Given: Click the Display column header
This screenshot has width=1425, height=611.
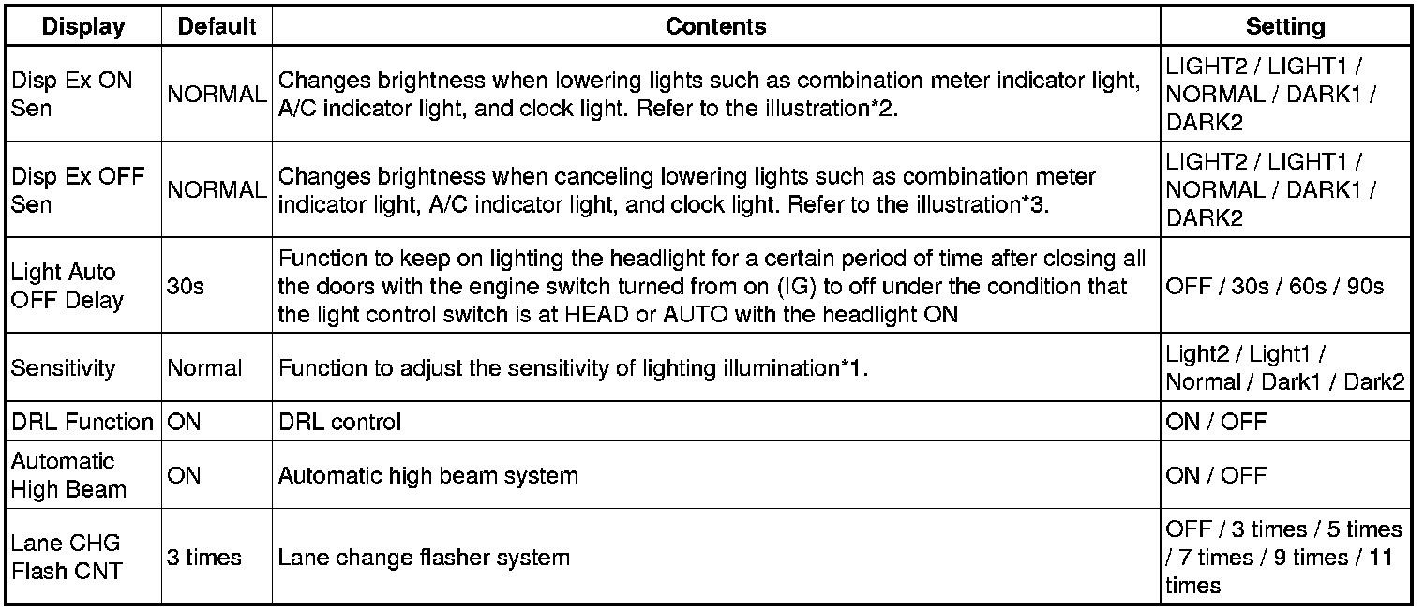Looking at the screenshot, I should [83, 26].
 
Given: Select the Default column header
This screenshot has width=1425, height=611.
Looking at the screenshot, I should [217, 26].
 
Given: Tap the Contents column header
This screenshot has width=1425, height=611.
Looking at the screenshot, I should [715, 26].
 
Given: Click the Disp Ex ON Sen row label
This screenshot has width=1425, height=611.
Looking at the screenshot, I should [72, 94].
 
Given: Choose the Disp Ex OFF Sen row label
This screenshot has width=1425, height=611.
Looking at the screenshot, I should [78, 189].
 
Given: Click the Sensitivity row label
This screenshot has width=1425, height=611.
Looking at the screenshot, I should [63, 368].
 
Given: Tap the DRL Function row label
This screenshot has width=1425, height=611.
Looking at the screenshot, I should [82, 422].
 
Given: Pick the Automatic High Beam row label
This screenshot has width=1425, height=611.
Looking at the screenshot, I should [68, 475].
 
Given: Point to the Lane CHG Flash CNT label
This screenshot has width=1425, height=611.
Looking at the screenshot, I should [67, 558].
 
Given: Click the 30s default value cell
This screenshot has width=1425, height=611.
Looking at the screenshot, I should [186, 287].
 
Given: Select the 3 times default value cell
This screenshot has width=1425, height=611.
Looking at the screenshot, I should [204, 558].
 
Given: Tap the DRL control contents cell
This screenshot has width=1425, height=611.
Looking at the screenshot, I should [339, 422].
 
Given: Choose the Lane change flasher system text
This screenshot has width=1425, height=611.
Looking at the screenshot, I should [424, 558].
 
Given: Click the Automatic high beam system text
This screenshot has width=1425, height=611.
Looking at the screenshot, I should [427, 475].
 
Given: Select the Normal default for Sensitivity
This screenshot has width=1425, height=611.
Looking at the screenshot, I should [204, 368].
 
